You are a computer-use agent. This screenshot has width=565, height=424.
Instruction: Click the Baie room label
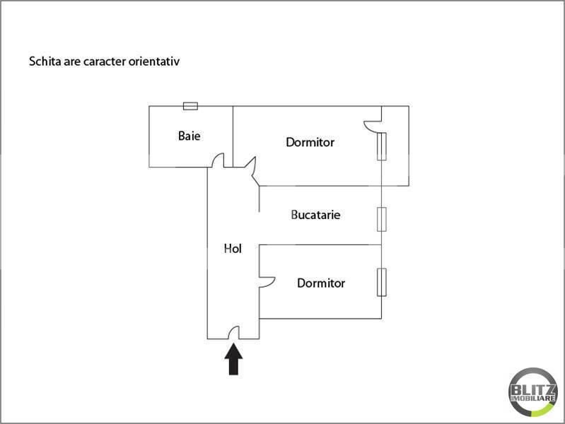pyautogui.click(x=189, y=135)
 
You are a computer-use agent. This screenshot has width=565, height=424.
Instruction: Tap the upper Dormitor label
pyautogui.click(x=310, y=142)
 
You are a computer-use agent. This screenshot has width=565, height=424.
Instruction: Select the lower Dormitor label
pyautogui.click(x=321, y=283)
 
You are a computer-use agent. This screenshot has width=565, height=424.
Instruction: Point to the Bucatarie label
pyautogui.click(x=315, y=214)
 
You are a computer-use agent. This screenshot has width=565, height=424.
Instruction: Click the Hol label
pyautogui.click(x=233, y=248)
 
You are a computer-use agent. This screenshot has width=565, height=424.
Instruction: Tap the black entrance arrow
pyautogui.click(x=233, y=359)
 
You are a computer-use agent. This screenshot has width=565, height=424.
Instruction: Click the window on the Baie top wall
pyautogui.click(x=190, y=106)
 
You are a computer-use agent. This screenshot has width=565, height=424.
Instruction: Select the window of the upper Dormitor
pyautogui.click(x=382, y=146)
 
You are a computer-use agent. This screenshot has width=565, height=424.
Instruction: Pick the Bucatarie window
pyautogui.click(x=382, y=219)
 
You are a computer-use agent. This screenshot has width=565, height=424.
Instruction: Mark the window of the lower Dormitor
pyautogui.click(x=382, y=282)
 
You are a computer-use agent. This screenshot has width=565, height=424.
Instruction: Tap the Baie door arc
pyautogui.click(x=219, y=161)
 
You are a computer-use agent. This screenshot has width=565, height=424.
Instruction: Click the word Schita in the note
pyautogui.click(x=42, y=61)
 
